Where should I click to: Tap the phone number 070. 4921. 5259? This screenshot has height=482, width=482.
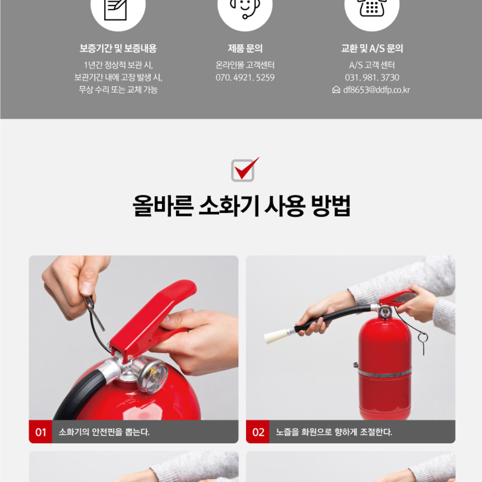245,78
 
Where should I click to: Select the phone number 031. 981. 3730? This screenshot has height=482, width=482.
372,78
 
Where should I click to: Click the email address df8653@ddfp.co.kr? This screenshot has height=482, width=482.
377,90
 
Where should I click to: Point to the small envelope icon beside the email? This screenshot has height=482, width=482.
336,90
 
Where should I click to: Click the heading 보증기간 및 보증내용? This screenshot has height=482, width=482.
118,48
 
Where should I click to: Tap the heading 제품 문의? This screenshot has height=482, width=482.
245,48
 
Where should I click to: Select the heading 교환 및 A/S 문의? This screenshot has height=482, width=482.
372,48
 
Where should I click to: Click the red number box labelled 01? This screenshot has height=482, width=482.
40,432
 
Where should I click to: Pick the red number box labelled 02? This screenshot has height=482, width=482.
257,432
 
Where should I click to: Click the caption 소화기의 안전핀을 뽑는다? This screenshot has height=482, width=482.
104,432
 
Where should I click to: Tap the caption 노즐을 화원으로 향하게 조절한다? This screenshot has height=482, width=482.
334,432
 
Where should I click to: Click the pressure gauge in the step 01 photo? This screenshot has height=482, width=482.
153,376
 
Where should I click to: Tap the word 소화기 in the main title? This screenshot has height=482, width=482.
229,206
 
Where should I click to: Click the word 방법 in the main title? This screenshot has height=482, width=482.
331,206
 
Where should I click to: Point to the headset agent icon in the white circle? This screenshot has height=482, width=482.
245,8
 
